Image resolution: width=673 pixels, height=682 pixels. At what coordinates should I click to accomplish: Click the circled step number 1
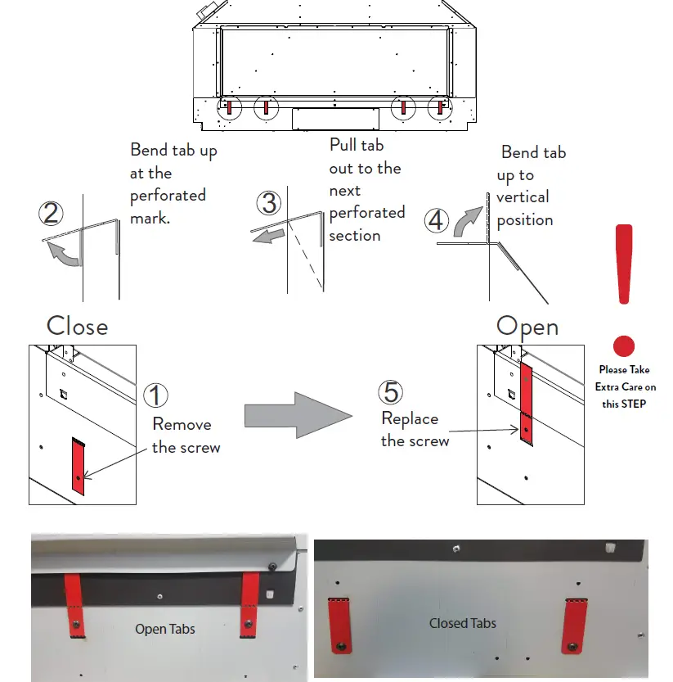(155, 395)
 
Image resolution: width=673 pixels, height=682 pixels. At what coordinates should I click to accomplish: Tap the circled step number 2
(51, 214)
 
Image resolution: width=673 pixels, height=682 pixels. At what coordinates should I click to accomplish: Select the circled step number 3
(268, 203)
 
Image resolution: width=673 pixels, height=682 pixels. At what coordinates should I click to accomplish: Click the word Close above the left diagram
(77, 326)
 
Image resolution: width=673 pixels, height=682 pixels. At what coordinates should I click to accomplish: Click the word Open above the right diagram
(527, 327)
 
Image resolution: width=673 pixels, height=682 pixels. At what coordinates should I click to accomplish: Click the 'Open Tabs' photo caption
(165, 630)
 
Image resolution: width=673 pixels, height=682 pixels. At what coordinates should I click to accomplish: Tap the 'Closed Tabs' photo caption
(463, 623)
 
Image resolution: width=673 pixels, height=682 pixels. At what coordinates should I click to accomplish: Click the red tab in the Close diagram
(78, 467)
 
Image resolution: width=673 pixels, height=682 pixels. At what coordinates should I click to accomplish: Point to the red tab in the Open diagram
(527, 406)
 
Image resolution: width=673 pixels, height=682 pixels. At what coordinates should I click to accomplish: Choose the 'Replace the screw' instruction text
(415, 430)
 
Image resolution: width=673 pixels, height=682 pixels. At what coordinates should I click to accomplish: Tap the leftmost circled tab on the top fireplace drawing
(230, 107)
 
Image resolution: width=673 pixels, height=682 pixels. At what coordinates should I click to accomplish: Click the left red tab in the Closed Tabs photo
(337, 626)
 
